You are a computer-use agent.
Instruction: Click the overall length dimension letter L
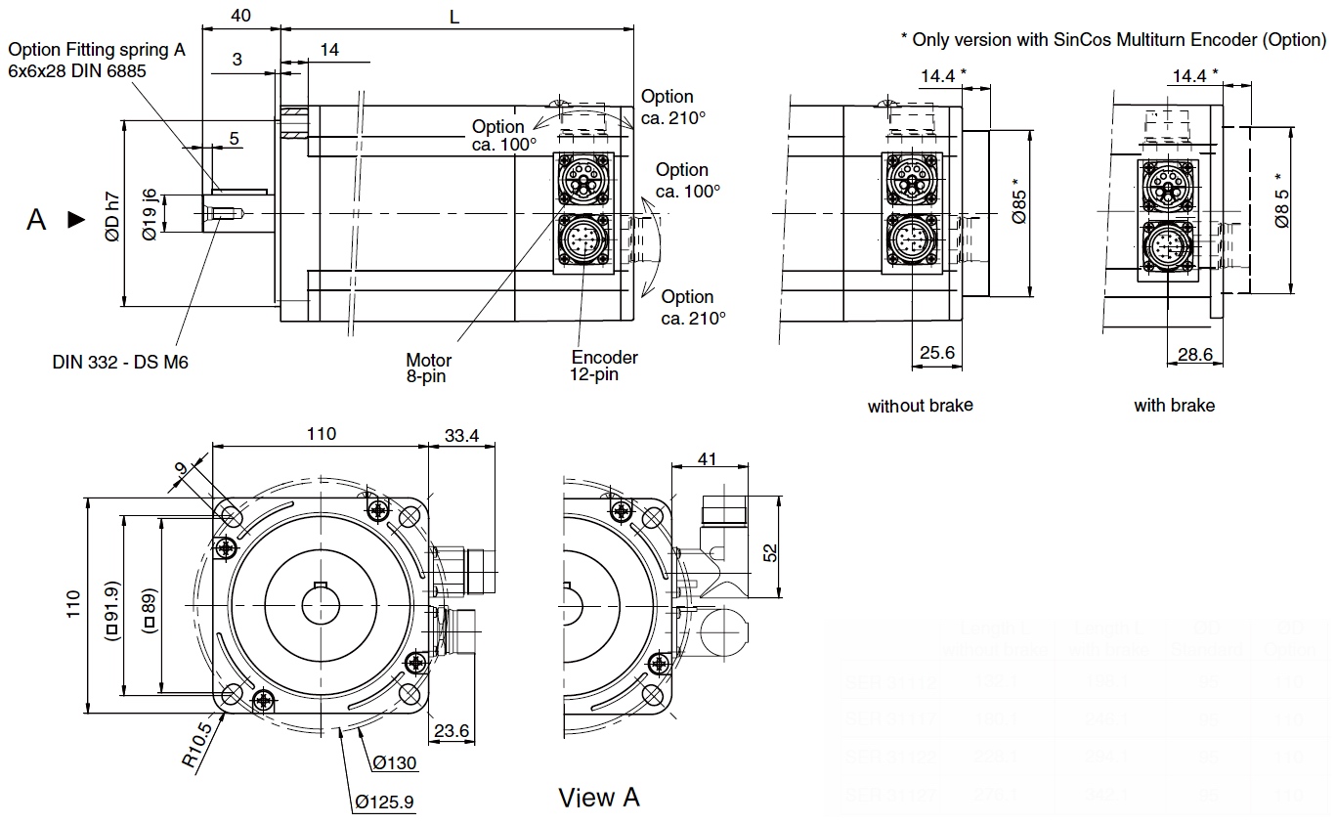pyautogui.click(x=453, y=17)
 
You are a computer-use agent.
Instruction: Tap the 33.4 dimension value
pyautogui.click(x=461, y=436)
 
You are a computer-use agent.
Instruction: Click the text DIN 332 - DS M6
pyautogui.click(x=120, y=363)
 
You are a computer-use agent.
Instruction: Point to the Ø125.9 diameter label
pyautogui.click(x=384, y=802)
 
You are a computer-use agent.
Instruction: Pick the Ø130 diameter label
pyautogui.click(x=394, y=762)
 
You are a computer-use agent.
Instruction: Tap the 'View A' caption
pyautogui.click(x=599, y=798)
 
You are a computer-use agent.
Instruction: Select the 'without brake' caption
pyautogui.click(x=920, y=405)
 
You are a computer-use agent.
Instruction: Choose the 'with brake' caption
pyautogui.click(x=1174, y=405)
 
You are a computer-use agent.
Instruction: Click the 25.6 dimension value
pyautogui.click(x=937, y=353)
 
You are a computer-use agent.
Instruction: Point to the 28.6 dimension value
pyautogui.click(x=1194, y=355)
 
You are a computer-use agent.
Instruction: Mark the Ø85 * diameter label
pyautogui.click(x=1018, y=202)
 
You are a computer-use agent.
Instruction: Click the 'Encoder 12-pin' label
pyautogui.click(x=604, y=366)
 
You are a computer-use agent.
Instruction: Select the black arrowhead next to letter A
pyautogui.click(x=75, y=220)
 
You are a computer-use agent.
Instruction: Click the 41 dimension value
pyautogui.click(x=708, y=458)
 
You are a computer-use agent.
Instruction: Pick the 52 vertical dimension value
pyautogui.click(x=770, y=552)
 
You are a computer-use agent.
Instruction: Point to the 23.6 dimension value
pyautogui.click(x=452, y=730)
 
